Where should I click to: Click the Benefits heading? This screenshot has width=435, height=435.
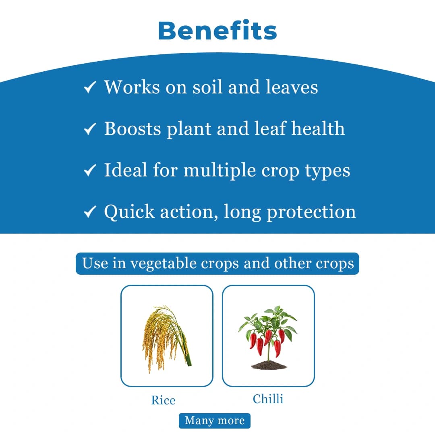pos(217,30)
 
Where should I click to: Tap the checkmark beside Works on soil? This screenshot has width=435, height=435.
pos(89,87)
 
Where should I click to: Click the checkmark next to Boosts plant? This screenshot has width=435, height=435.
pos(89,129)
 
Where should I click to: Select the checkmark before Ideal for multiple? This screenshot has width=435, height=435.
pos(89,170)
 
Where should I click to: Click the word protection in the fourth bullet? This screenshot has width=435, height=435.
pos(311,212)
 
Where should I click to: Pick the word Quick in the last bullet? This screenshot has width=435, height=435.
pos(129,212)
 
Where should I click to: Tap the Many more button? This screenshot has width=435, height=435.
pos(215,420)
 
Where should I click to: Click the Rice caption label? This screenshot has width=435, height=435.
pos(163,400)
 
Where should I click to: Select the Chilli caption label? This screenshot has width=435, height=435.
pos(268,399)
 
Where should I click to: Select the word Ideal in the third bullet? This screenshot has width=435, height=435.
pos(126,170)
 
